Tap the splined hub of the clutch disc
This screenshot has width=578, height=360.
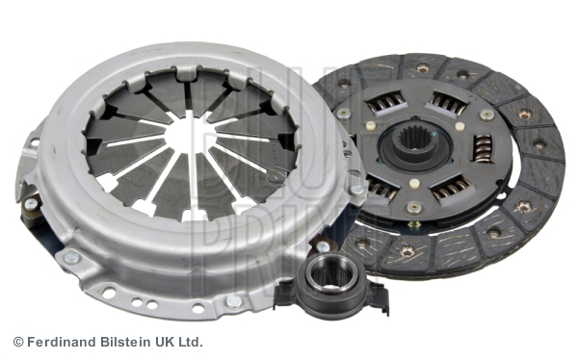coord(413,144)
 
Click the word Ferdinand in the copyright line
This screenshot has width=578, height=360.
coord(63,342)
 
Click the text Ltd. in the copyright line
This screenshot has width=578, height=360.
coord(190,342)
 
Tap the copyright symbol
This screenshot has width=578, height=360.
coord(18,342)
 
